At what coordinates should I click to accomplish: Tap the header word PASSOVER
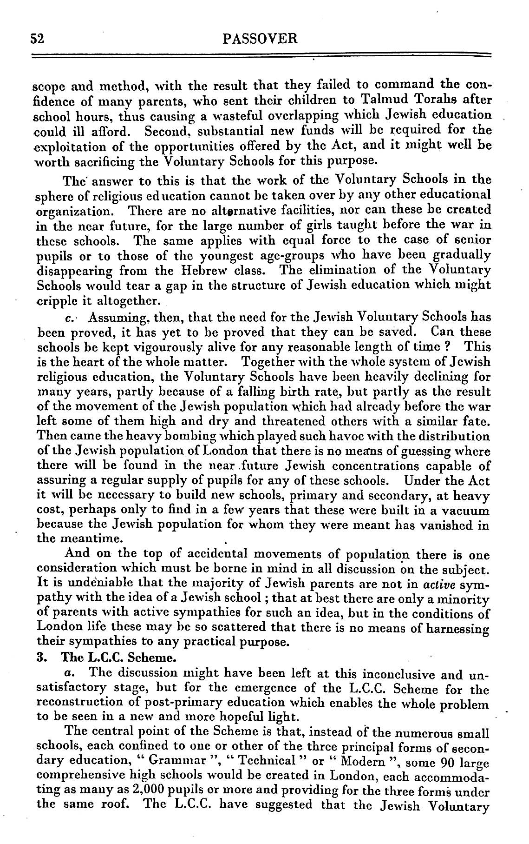[260, 39]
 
